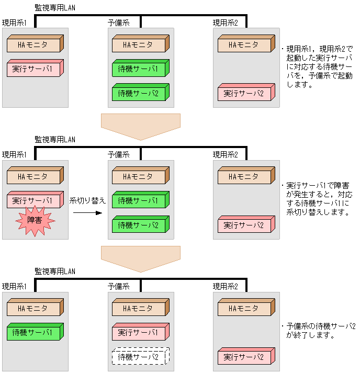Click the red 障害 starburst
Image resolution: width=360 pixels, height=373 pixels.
click(x=35, y=221)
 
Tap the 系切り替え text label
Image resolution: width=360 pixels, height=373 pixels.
click(x=87, y=201)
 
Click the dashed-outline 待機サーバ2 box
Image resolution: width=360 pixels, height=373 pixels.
click(x=138, y=357)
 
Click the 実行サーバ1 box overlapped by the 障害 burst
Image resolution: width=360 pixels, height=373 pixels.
click(x=34, y=199)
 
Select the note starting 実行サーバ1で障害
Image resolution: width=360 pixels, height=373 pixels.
click(x=318, y=199)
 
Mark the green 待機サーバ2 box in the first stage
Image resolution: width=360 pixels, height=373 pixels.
click(x=139, y=93)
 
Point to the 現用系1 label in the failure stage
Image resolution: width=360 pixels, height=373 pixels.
click(x=14, y=155)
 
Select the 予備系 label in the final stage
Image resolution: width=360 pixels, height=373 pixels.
click(x=118, y=287)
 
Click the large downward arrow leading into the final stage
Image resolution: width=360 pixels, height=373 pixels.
click(x=140, y=258)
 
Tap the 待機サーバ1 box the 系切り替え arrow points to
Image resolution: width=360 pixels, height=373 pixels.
click(x=139, y=200)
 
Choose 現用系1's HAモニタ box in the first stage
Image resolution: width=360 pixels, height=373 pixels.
click(x=34, y=44)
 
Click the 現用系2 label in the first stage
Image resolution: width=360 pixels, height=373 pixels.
click(x=225, y=23)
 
